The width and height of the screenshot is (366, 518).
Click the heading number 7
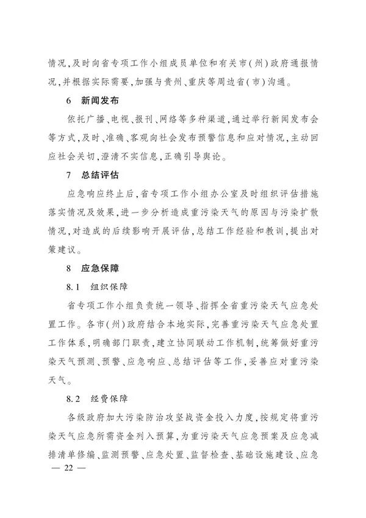69,177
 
